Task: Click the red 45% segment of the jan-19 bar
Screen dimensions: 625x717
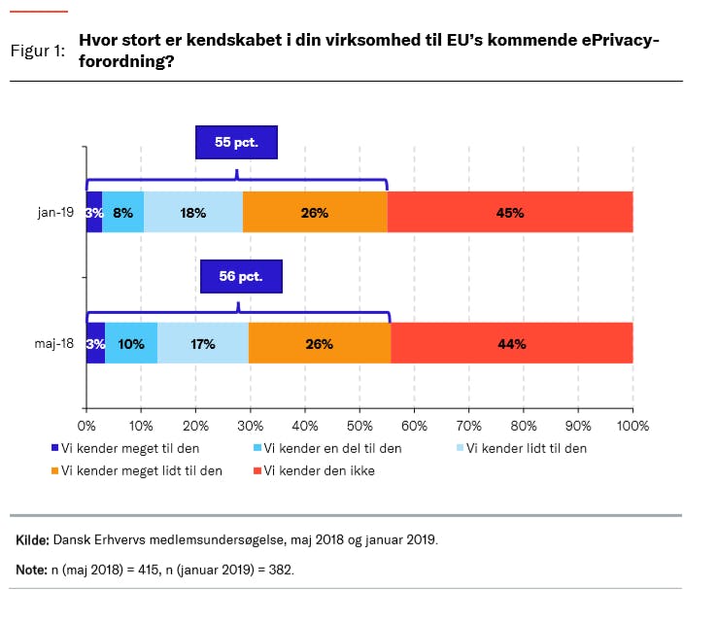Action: pos(510,213)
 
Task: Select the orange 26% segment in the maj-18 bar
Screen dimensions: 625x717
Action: pos(319,343)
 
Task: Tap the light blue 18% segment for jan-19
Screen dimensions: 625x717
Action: pos(193,213)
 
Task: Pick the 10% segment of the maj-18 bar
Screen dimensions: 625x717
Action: pos(131,343)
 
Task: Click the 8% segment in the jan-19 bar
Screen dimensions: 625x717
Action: pos(123,213)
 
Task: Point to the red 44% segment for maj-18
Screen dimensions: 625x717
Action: pos(512,343)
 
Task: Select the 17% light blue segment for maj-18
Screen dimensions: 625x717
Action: pos(203,343)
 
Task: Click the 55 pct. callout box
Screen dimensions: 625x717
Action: pos(236,142)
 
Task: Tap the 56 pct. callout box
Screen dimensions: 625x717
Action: pos(241,276)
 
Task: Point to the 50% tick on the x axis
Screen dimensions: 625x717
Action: pos(359,425)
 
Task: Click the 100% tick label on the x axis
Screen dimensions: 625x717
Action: pos(632,425)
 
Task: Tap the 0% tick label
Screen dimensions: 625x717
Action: pos(85,425)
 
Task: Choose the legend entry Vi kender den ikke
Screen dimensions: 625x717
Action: pos(319,470)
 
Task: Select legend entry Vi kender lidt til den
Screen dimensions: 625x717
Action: pos(526,448)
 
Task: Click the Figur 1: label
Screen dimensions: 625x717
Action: pos(38,51)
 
